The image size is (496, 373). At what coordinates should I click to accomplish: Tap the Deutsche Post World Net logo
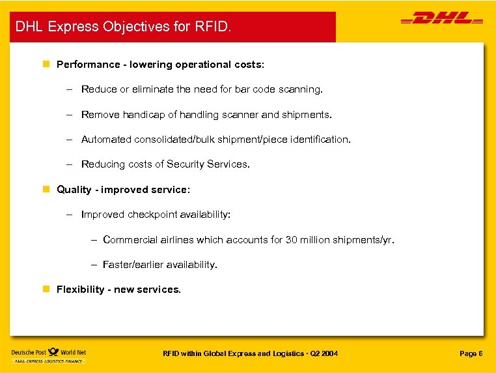(x=49, y=355)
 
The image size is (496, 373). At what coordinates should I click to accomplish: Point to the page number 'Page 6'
(x=471, y=353)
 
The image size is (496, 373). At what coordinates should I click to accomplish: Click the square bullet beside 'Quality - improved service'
(x=46, y=190)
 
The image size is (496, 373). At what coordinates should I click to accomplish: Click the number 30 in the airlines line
(x=292, y=240)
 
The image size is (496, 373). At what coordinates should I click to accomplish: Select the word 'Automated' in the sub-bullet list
(x=106, y=140)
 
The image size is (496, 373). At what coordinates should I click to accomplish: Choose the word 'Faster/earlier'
(x=133, y=265)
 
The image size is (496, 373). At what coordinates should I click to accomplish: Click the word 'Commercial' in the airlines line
(x=131, y=240)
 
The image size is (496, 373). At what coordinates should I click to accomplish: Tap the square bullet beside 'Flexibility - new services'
(x=46, y=290)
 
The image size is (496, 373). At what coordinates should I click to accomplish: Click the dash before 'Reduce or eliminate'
(x=68, y=89)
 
